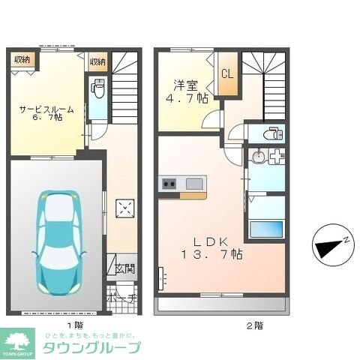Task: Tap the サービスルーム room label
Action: (x=45, y=112)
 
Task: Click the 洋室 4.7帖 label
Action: (x=183, y=91)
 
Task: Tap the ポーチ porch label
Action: (x=123, y=298)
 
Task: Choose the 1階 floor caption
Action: (x=74, y=325)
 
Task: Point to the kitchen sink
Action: (x=193, y=183)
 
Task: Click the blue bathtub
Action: (x=266, y=229)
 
